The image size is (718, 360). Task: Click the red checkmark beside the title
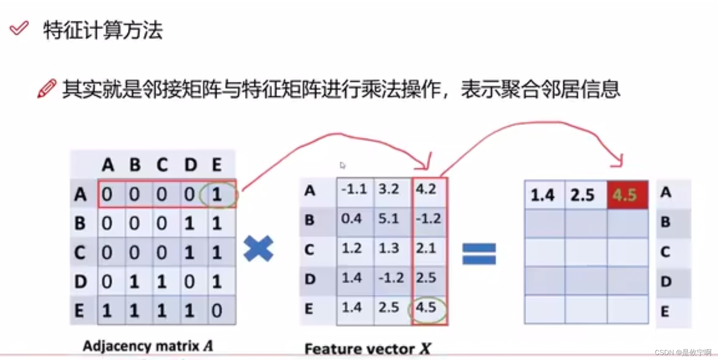coord(19,28)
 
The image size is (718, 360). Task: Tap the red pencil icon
coord(47,88)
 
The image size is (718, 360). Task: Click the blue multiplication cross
coord(258,248)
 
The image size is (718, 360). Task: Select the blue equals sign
coord(479,253)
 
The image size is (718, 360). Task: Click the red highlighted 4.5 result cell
coord(627,194)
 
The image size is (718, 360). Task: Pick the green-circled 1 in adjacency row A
coord(217,194)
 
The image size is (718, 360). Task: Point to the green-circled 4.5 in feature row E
coord(426,308)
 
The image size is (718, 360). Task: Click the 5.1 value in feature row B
coord(389,219)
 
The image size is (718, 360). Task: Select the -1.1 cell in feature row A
coord(354,189)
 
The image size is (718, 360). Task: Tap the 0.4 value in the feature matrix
coord(351,219)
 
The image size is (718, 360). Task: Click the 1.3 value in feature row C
coord(389,248)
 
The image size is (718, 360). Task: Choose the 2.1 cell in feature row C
coord(426,248)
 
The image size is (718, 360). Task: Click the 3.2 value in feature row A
coord(389,189)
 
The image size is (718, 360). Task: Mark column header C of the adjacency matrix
coord(162,165)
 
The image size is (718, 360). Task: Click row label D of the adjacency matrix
coord(81,282)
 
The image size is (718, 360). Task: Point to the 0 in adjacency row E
coord(217,311)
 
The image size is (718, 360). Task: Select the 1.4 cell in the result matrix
coord(543,195)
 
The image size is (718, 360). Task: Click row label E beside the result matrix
coord(665,311)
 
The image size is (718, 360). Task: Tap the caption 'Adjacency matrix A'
coord(148,346)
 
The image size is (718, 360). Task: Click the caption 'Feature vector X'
coord(368,349)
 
